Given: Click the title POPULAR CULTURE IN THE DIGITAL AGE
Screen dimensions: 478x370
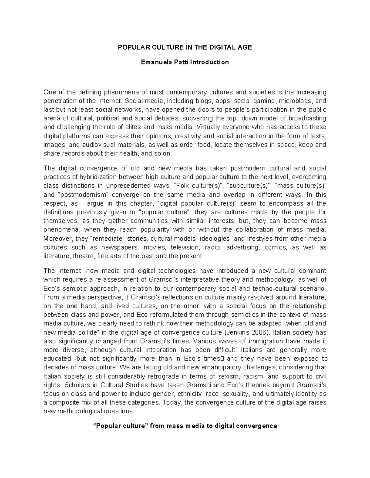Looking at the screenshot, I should point(185,47).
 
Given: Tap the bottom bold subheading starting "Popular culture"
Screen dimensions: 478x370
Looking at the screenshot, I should point(185,426).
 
